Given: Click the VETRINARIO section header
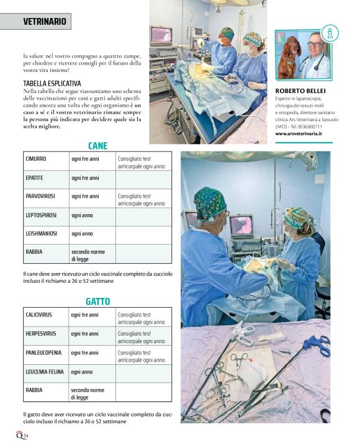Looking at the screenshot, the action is [45, 21].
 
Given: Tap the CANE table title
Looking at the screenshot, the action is [97, 146].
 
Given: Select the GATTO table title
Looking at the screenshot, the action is [97, 302].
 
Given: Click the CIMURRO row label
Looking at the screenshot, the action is [36, 159].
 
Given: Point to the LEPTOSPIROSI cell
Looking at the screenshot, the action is [41, 215].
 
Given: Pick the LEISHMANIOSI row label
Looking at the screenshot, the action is [42, 233].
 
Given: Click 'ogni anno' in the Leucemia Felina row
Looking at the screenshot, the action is [82, 372].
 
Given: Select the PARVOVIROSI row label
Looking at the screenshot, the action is [40, 196].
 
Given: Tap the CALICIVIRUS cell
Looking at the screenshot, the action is [39, 315].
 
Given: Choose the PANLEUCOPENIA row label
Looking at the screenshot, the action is [42, 352].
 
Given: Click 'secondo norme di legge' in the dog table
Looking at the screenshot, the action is [88, 255].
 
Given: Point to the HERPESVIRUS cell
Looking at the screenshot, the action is [41, 333].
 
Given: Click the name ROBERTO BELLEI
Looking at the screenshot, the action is [300, 89].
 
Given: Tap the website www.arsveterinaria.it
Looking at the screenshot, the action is [303, 133].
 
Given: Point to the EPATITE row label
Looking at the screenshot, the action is [35, 177].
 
